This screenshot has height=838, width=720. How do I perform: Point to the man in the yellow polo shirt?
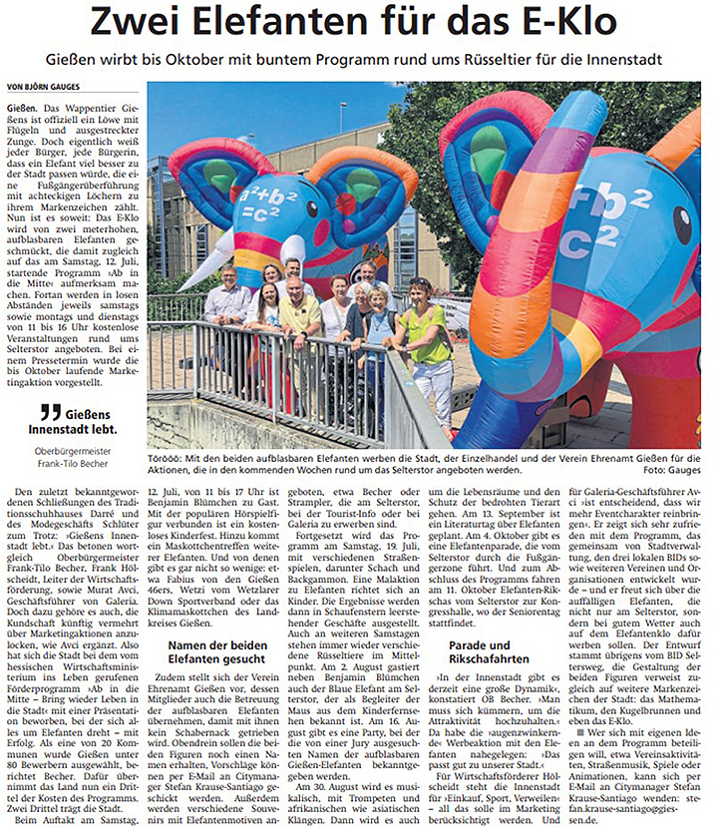298,319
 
